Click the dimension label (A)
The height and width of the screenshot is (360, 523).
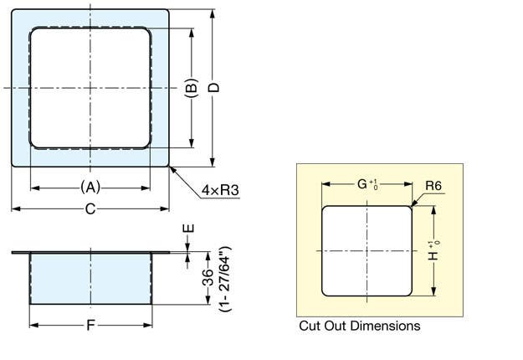(90, 188)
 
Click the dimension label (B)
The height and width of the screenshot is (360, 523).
(191, 87)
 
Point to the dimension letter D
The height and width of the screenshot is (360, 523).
(214, 87)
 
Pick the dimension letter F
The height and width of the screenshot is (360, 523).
(90, 325)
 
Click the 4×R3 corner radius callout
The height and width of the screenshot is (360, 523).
(220, 191)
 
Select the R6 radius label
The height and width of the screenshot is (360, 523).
(433, 186)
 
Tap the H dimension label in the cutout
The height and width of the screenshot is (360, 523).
(433, 250)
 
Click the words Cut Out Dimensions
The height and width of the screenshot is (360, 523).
(359, 326)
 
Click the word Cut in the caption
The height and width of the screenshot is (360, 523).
(309, 326)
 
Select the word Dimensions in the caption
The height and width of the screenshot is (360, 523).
(386, 326)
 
